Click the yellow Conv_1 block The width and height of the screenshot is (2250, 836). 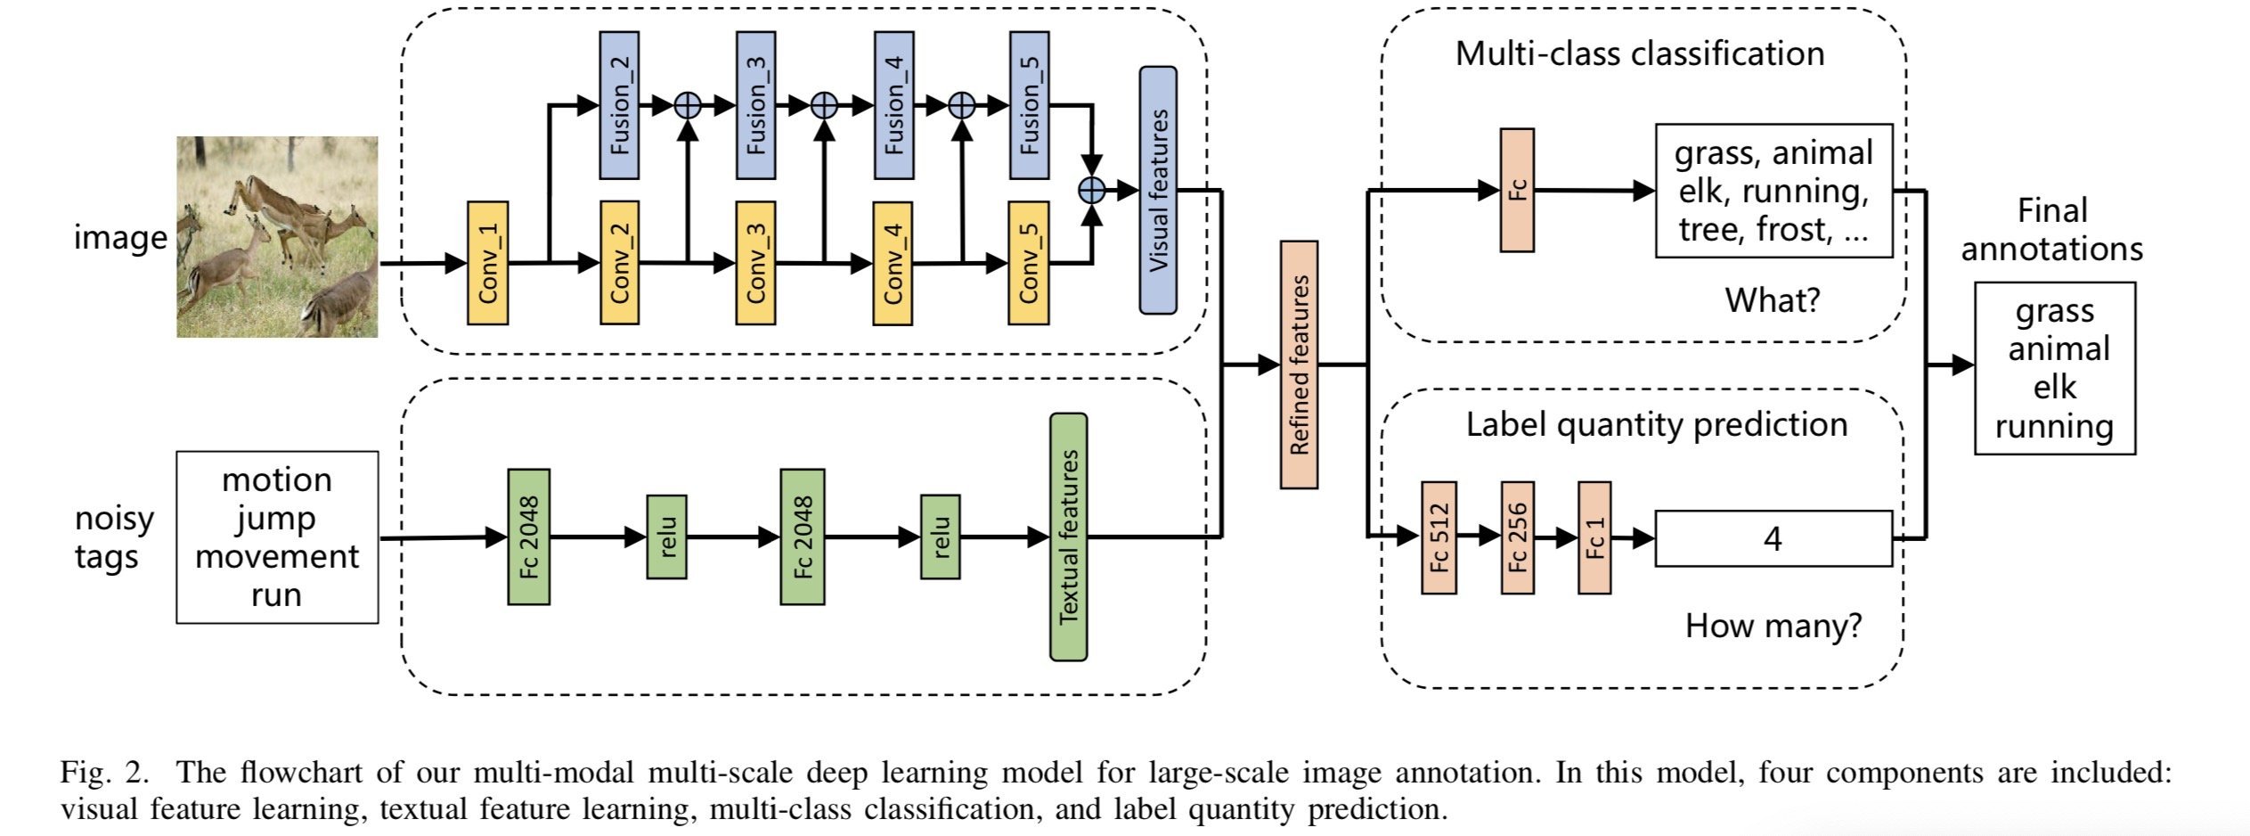pos(487,263)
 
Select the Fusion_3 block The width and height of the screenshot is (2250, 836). pos(755,105)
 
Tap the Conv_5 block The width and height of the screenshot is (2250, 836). pos(1028,263)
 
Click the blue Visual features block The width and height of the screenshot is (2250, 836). pos(1158,190)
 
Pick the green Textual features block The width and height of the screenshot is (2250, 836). pos(1068,537)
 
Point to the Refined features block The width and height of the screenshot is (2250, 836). pos(1299,365)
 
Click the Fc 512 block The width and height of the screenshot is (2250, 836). pos(1439,537)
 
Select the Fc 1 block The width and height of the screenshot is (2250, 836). pos(1594,537)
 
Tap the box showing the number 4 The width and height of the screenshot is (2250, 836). pos(1773,538)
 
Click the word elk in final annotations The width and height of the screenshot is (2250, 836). pos(2054,388)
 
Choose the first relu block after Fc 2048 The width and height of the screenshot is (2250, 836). pos(666,537)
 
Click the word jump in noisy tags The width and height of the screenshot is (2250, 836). pos(276,518)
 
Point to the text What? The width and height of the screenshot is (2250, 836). pos(1772,300)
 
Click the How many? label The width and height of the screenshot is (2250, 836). pos(1773,626)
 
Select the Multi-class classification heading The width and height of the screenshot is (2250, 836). pos(1639,53)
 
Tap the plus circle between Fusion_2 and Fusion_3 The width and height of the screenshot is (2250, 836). pos(687,106)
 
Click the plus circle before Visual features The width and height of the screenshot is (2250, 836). pos(1092,190)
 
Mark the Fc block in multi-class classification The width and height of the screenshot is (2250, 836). pos(1517,190)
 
